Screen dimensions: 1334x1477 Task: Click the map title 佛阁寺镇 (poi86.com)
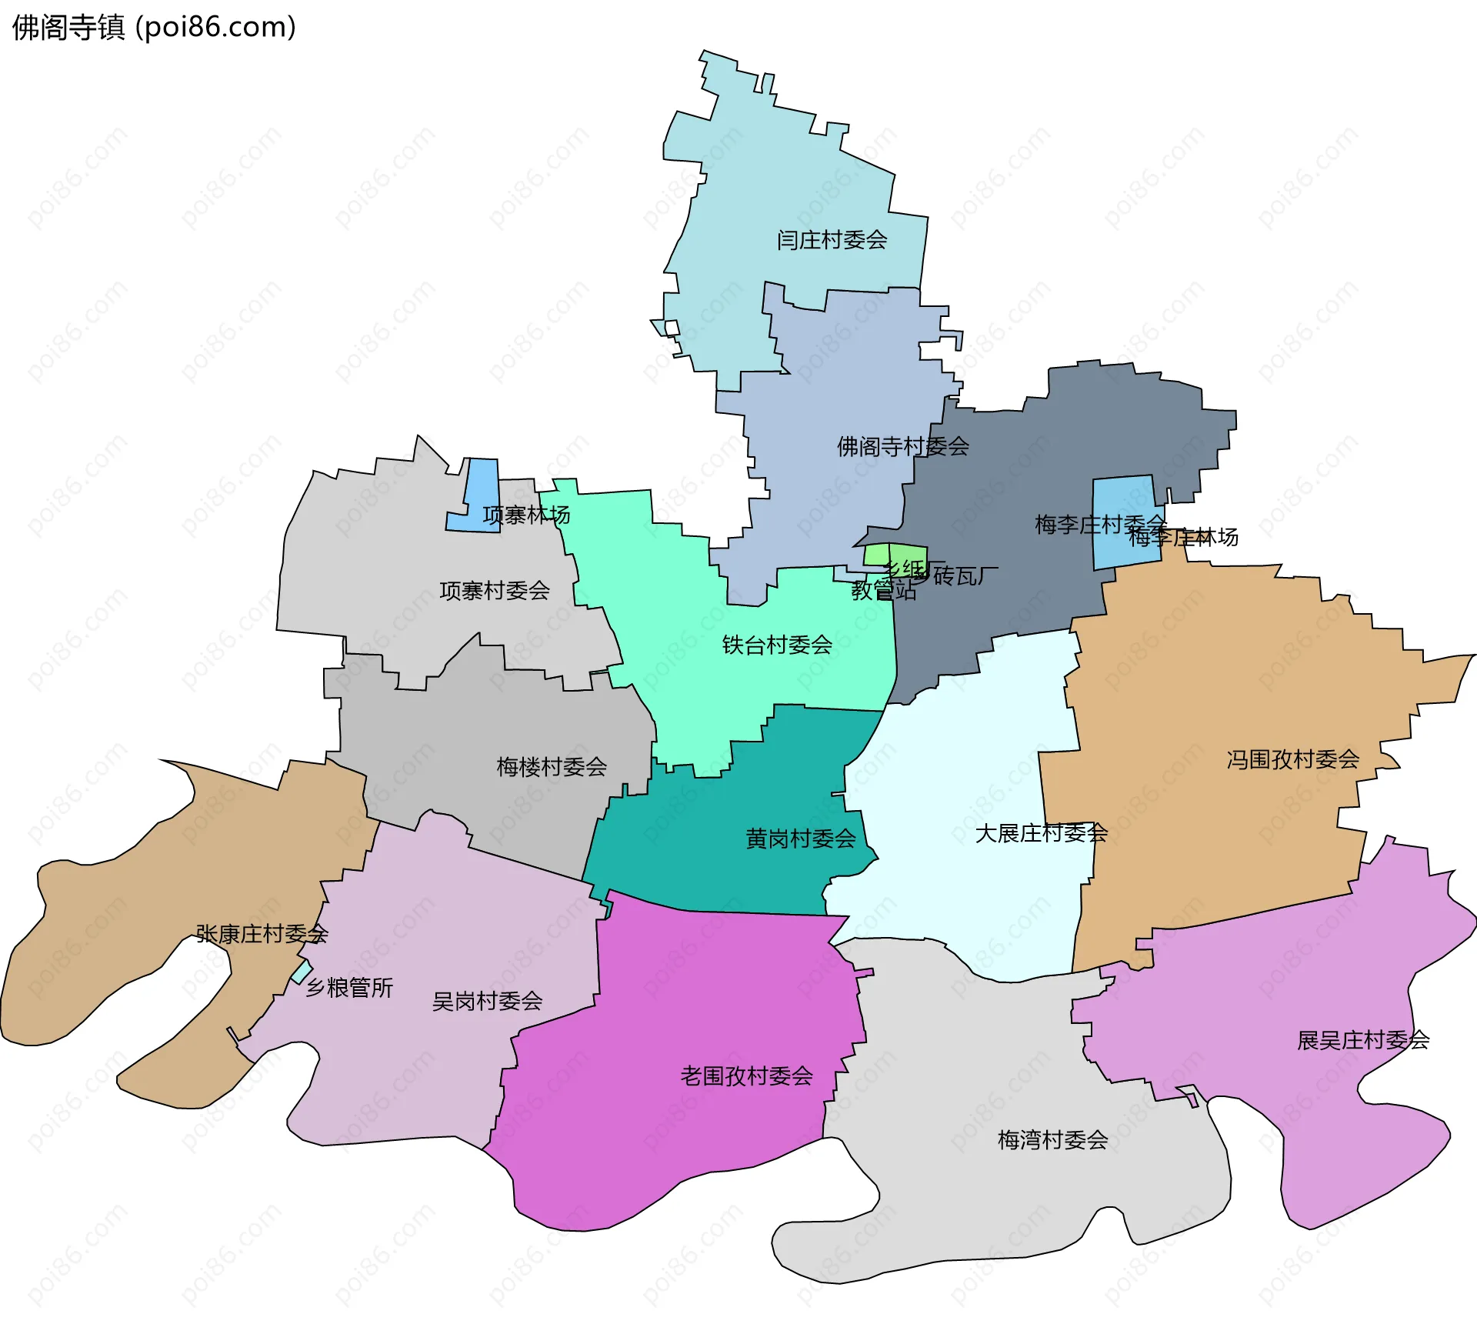coord(154,28)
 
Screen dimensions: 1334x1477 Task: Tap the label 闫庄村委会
coord(832,240)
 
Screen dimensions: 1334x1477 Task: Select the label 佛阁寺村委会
coord(902,446)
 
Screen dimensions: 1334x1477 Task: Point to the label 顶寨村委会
coord(495,591)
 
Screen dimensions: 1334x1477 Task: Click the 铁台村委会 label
coord(777,645)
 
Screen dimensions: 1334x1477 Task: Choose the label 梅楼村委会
coord(552,767)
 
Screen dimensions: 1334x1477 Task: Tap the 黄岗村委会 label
coord(801,839)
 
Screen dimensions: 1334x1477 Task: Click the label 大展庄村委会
coord(1041,833)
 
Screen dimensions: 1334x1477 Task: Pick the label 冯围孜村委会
coord(1292,760)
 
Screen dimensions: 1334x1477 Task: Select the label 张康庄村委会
coord(262,934)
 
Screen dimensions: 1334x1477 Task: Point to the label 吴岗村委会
coord(487,1001)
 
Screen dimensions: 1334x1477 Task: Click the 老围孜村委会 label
coord(746,1076)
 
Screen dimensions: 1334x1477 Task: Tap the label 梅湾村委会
coord(1052,1139)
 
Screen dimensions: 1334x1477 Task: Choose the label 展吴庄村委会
coord(1363,1040)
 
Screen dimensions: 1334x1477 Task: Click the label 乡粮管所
coord(349,987)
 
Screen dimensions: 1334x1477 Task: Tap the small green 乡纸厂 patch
coord(877,554)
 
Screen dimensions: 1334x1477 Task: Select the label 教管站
coord(883,591)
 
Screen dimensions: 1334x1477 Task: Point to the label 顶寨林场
coord(526,515)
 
